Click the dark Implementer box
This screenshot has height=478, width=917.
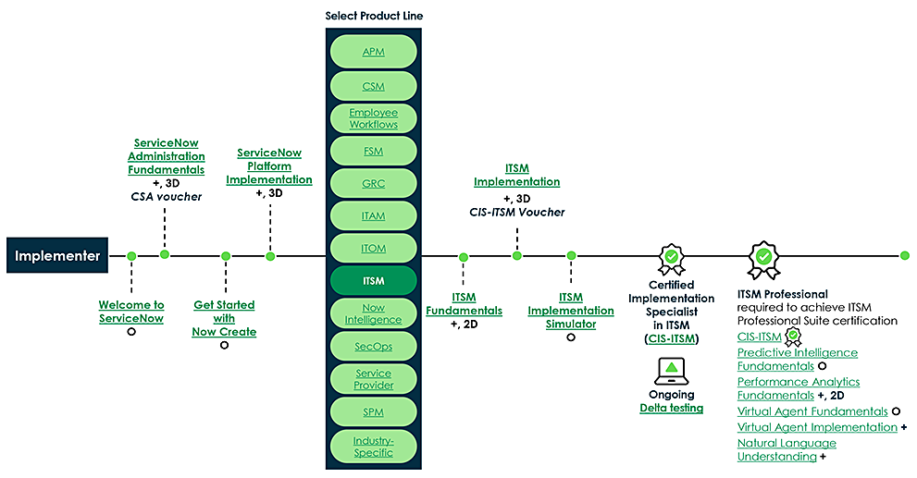[57, 256]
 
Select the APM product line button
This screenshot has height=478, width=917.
[374, 52]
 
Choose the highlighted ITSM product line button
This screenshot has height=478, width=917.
[374, 280]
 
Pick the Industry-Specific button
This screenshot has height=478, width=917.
[374, 447]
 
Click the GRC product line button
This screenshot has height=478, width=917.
[374, 183]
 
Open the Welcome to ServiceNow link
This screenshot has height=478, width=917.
[131, 311]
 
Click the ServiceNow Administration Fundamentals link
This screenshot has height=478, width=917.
[167, 156]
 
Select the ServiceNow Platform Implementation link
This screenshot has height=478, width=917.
[269, 166]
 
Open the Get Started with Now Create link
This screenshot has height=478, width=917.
[224, 318]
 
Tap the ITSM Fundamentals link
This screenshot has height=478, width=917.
[464, 304]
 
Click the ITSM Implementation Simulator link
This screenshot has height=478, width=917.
[571, 311]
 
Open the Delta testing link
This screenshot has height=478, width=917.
[671, 408]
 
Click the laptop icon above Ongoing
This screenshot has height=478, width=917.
[671, 370]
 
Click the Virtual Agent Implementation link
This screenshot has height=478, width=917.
[817, 427]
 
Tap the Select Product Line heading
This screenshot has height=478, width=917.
[374, 16]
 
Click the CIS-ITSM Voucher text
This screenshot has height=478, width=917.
[516, 213]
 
